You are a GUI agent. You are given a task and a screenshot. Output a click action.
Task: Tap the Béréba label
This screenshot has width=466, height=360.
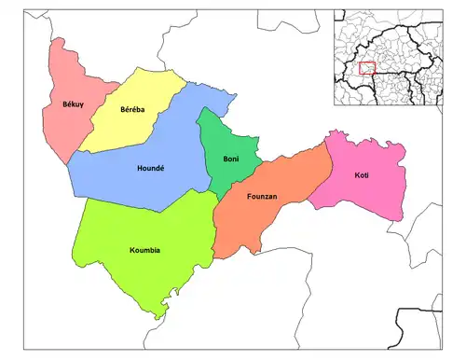(132, 110)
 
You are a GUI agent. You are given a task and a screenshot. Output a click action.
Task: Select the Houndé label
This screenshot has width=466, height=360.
(150, 169)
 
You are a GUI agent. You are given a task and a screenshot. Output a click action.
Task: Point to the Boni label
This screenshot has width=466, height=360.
(231, 159)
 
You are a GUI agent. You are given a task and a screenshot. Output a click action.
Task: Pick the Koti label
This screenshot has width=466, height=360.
(362, 175)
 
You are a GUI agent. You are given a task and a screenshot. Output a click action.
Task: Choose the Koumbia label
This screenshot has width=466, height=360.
(145, 250)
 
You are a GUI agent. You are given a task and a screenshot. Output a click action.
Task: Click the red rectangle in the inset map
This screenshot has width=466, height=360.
(367, 68)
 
